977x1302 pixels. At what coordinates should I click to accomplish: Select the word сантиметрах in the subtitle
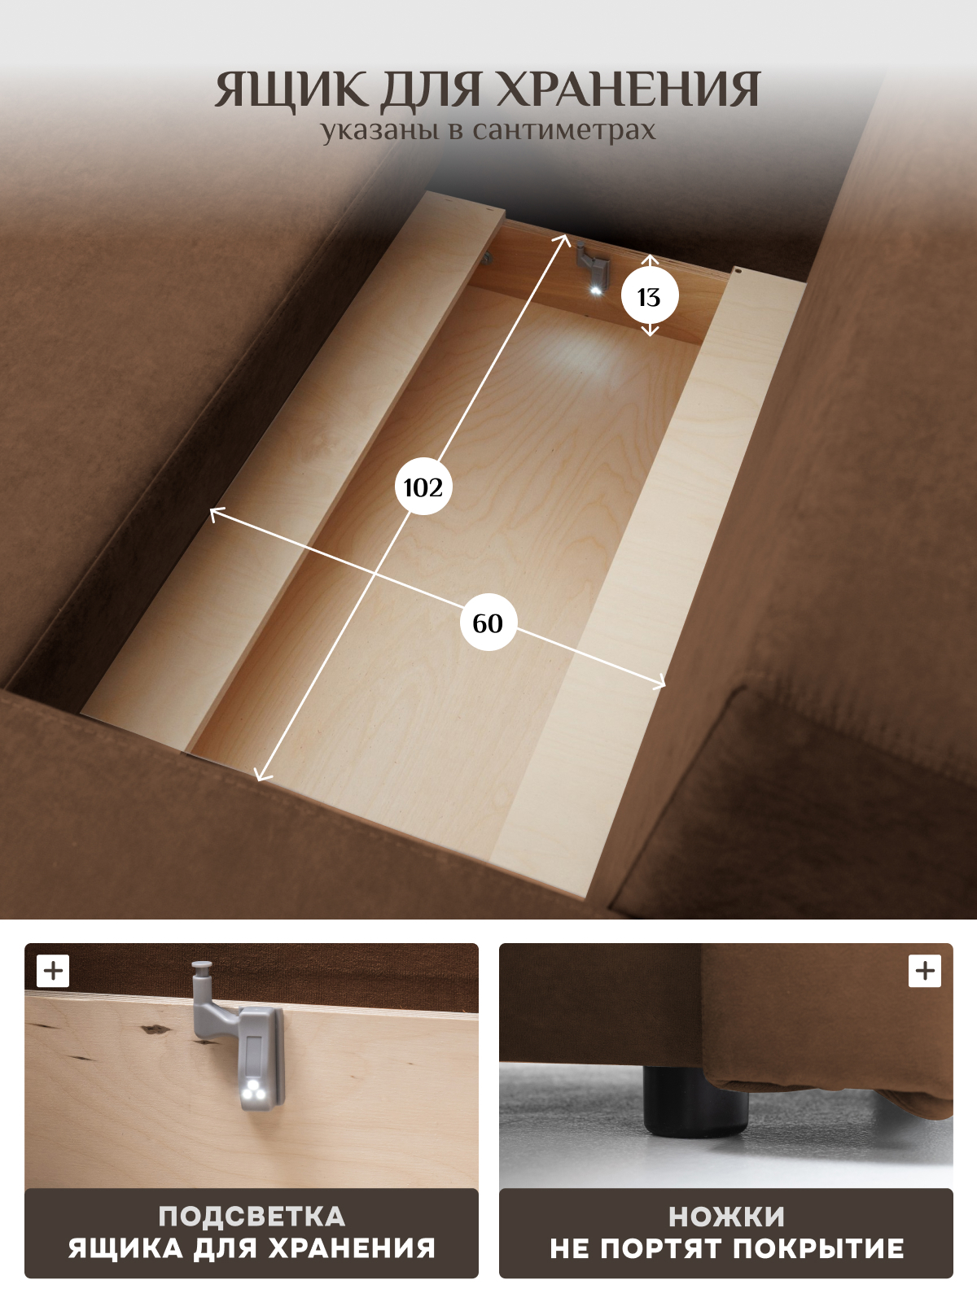[x=564, y=130]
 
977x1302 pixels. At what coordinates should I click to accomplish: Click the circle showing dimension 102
[x=423, y=487]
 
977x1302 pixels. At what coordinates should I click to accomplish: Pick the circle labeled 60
[x=488, y=623]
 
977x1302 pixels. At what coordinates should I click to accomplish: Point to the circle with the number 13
[x=649, y=296]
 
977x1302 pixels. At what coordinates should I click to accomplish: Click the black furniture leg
[x=696, y=1102]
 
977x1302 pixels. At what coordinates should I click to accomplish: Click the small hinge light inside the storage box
[x=595, y=290]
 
